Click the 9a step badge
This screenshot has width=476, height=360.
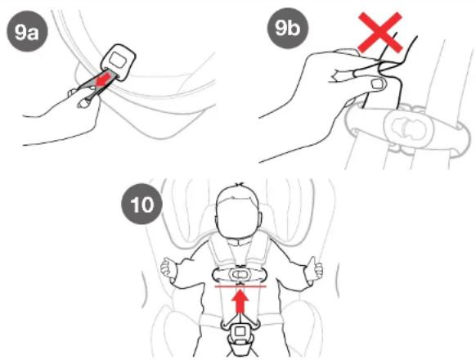[28, 31]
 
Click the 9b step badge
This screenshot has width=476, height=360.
[288, 28]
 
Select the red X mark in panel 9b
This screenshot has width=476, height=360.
[380, 33]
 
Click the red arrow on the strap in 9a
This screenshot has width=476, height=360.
[102, 80]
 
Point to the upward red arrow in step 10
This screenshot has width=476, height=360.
[240, 301]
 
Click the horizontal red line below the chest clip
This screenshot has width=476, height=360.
[240, 286]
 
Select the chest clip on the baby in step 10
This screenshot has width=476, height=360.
[240, 275]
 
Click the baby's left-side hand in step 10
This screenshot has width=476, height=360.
[168, 268]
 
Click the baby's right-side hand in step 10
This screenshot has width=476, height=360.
[315, 268]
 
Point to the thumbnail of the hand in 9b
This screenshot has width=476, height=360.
[378, 83]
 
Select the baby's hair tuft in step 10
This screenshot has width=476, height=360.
[240, 184]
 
